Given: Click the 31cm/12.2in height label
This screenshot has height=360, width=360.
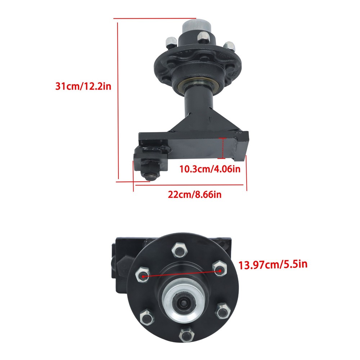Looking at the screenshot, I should [x=83, y=87].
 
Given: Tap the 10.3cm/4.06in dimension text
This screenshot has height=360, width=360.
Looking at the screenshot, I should [x=210, y=169].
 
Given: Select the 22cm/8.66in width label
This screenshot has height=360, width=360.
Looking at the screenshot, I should [x=194, y=195].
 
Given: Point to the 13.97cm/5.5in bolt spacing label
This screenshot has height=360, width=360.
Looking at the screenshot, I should [x=273, y=265].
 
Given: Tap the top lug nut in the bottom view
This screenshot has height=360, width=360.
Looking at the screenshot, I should [x=179, y=249].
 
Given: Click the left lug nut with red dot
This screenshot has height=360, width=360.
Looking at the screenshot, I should [x=142, y=276].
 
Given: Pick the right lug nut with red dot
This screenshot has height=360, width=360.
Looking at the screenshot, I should [x=219, y=268].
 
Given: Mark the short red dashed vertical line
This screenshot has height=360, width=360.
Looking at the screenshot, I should [x=224, y=148].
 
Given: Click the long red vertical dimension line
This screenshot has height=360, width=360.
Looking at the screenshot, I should [x=118, y=101].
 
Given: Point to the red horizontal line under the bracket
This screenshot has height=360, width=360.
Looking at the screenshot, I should [x=190, y=185].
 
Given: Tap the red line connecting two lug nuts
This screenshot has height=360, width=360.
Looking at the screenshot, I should [x=180, y=272].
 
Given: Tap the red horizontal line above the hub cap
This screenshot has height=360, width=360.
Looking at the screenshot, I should [x=155, y=18].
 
